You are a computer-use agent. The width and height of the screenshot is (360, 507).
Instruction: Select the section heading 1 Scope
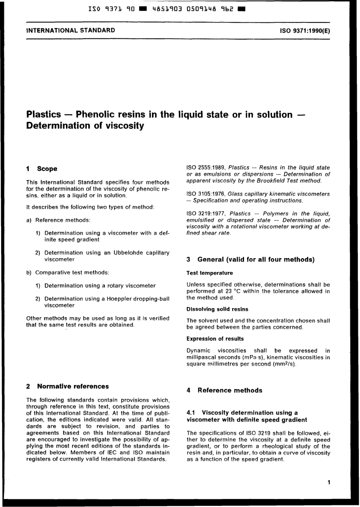(42, 169)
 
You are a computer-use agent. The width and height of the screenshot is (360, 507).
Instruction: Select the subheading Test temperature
(210, 273)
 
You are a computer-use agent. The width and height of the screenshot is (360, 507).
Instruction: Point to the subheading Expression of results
(215, 339)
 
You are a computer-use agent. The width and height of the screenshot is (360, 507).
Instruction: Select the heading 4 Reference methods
(224, 391)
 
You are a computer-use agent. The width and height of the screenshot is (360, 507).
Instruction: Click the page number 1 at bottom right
(329, 482)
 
